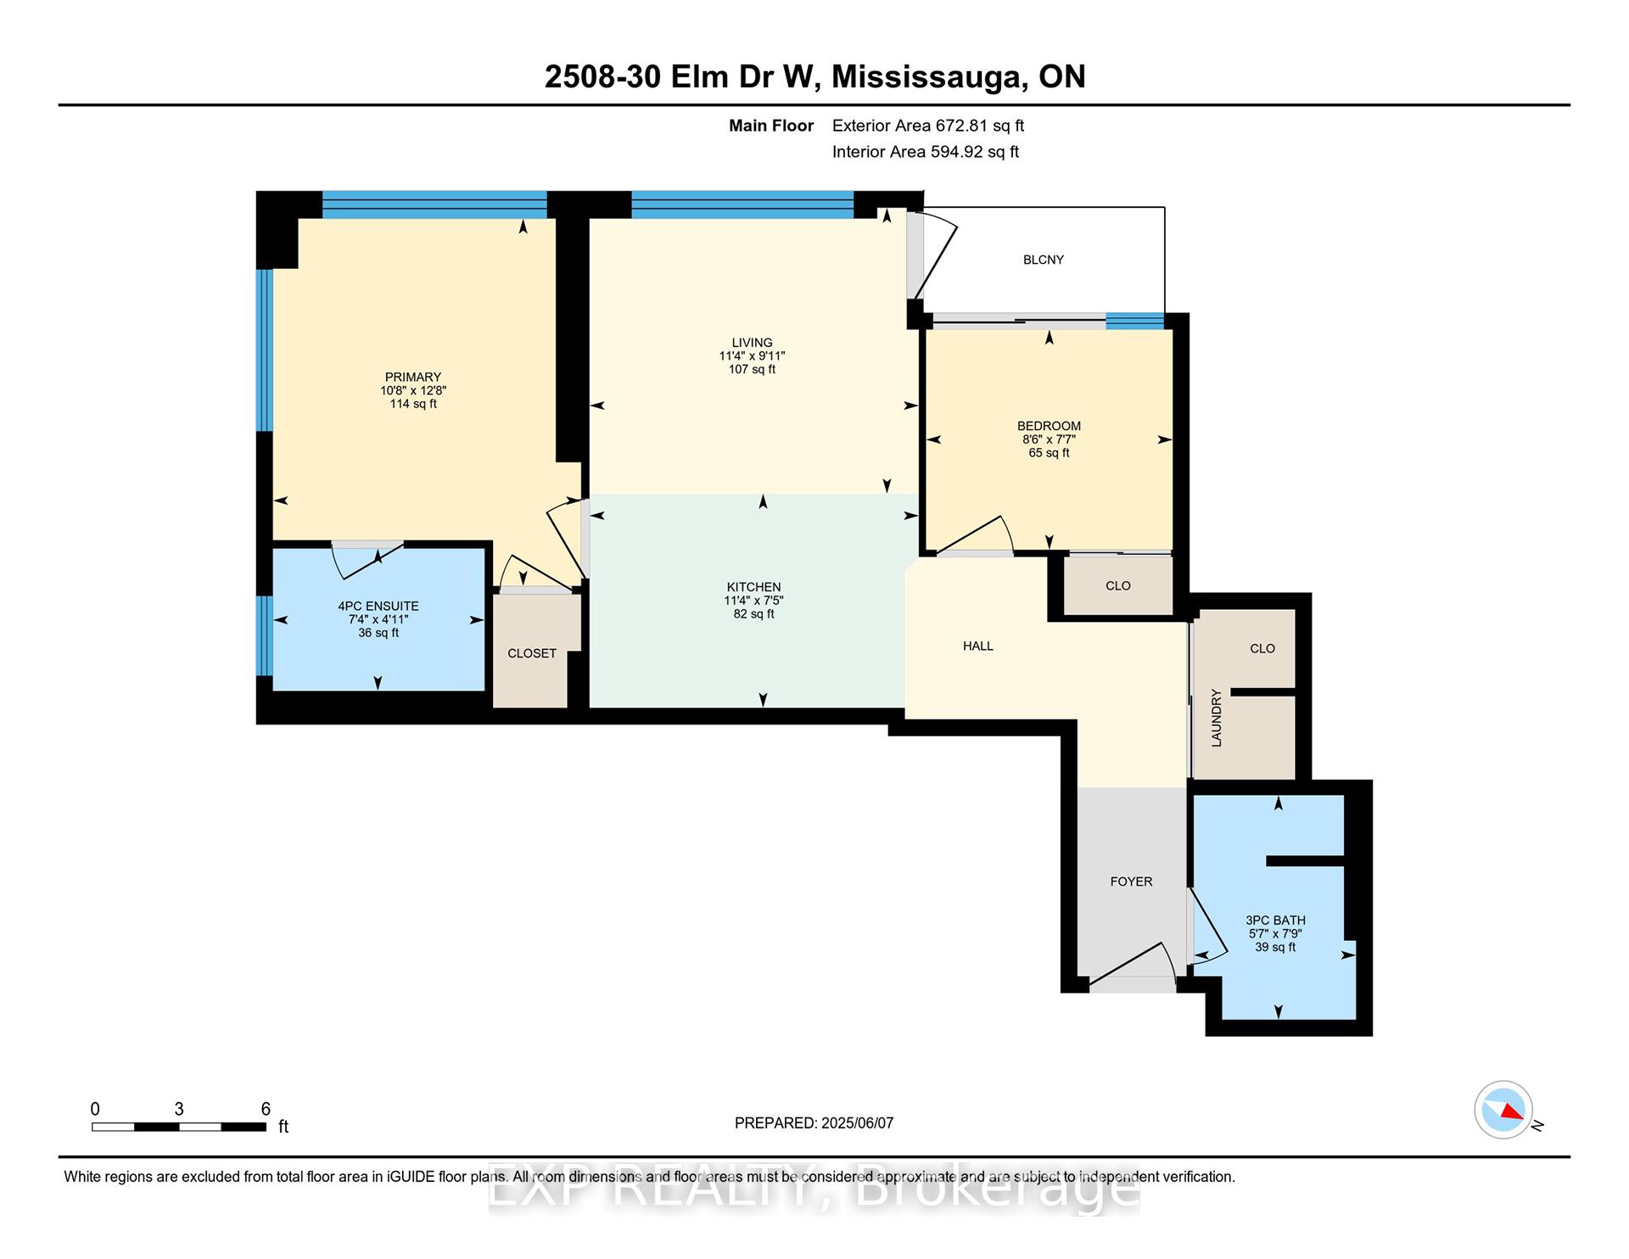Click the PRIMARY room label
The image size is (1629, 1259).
coord(413,377)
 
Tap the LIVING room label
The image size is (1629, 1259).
coord(753,343)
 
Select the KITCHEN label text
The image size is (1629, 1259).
coord(754,587)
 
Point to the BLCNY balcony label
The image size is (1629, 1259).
coord(1044,260)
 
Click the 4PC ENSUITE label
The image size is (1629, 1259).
coord(378,606)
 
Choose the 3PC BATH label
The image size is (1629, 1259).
coord(1275,920)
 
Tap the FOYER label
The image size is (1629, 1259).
coord(1132,881)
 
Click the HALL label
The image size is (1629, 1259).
coord(978,646)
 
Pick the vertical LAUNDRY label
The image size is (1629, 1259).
coord(1217,718)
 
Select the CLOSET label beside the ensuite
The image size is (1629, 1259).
coord(532,653)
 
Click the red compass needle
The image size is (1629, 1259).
coord(1511,1111)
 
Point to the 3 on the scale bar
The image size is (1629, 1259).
coord(179,1109)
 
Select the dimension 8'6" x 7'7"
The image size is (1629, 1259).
coord(1049,439)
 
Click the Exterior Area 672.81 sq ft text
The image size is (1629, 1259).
coord(928,126)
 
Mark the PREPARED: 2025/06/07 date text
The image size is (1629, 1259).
coord(814,1123)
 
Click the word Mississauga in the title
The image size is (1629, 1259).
coord(926,77)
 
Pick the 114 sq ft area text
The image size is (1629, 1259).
coord(413,404)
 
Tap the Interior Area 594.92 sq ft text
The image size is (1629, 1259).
coord(926,152)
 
